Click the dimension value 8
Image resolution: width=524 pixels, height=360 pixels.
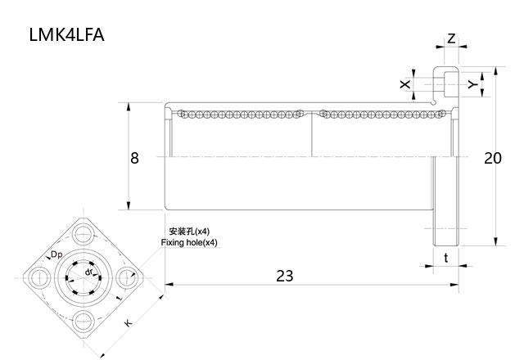coord(134,157)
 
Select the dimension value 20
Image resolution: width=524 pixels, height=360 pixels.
coord(492,158)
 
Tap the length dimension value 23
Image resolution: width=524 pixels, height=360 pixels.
coord(284,276)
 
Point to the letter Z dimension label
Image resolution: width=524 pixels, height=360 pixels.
coord(451,38)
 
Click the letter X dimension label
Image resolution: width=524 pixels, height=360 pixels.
coord(404,84)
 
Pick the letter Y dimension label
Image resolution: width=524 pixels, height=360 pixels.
coord(472,84)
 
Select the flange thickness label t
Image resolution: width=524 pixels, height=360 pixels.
coord(445,257)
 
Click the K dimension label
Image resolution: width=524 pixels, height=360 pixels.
coord(128,323)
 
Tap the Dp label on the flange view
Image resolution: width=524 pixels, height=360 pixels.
coord(56,255)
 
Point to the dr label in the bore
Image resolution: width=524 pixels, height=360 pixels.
coord(88,271)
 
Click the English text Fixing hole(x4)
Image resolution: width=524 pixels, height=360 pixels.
coord(189,243)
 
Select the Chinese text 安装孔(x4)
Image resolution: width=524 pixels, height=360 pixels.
coord(188,232)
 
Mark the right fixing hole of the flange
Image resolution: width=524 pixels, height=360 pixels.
coord(126,277)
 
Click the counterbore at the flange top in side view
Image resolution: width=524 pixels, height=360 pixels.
coord(445,83)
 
